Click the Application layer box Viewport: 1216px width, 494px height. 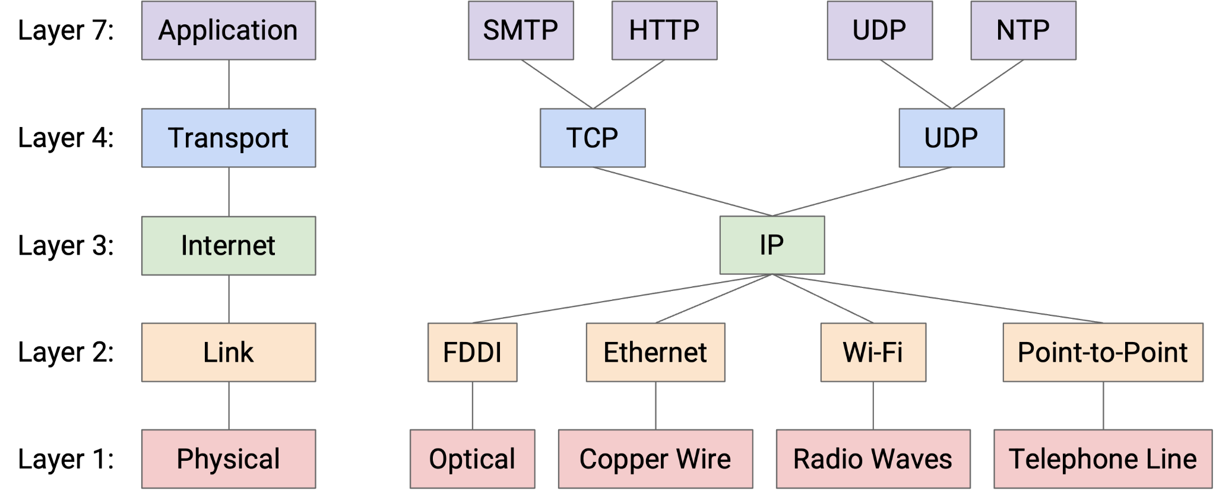coord(228,30)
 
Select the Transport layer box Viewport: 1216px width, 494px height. coord(228,138)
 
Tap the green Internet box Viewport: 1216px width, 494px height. coord(228,245)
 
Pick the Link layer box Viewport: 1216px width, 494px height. coord(228,352)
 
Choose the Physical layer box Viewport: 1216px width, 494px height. coord(228,459)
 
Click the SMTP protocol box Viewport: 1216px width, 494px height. coord(521,30)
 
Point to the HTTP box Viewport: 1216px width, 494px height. coord(664,30)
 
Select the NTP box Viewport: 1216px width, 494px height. coord(1023,30)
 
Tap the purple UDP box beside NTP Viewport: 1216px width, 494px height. coord(879,30)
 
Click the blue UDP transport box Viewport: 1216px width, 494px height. coord(951,138)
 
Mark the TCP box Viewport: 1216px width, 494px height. coord(592,138)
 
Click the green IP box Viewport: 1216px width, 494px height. coord(772,245)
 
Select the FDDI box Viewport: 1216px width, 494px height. coord(472,352)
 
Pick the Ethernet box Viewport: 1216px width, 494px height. coord(655,352)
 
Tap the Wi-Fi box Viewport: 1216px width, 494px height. coord(873,352)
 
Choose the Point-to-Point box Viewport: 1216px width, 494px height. coord(1103,352)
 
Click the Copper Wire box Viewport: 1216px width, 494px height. coord(655,459)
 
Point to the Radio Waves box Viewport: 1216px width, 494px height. coord(873,459)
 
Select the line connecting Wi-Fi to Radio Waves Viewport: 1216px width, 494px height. coord(873,406)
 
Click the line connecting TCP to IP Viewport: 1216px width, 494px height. coord(683,192)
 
